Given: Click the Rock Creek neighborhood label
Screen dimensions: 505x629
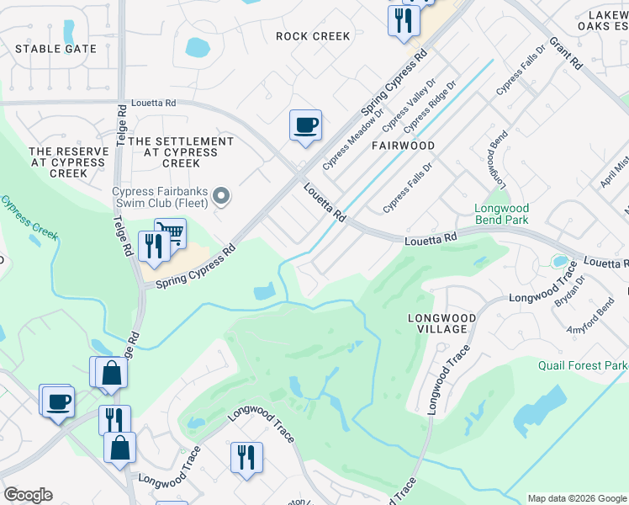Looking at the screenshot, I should click(x=313, y=36).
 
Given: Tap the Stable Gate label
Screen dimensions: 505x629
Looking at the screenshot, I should click(x=55, y=49).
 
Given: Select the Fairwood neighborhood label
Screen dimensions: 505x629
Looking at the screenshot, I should click(x=404, y=146).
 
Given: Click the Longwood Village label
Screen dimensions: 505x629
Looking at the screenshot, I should click(x=441, y=323).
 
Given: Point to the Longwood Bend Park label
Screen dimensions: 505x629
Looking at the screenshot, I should click(x=501, y=214).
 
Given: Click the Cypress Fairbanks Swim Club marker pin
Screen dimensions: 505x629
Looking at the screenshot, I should click(x=221, y=196).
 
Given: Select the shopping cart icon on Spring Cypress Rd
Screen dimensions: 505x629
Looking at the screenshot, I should click(x=171, y=232).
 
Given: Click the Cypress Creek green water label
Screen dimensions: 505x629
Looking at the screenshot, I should click(x=29, y=215).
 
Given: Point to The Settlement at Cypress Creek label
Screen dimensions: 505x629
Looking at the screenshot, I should click(x=181, y=146).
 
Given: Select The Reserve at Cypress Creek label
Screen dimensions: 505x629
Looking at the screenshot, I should click(x=69, y=162).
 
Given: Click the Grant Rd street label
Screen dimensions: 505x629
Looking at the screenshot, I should click(x=565, y=52).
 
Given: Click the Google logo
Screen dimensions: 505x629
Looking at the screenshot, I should click(x=28, y=495).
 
